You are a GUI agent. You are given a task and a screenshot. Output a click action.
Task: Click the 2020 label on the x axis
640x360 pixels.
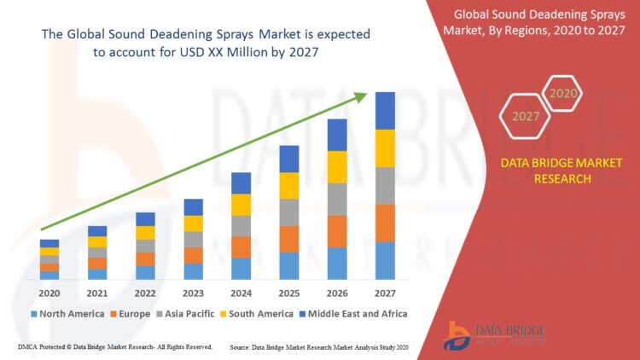[49, 293]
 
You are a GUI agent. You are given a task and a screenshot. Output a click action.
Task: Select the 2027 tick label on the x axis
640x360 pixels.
[385, 293]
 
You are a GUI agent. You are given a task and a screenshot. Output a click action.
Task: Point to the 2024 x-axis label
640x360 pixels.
[241, 293]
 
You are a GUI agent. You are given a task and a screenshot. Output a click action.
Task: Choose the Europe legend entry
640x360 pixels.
[134, 314]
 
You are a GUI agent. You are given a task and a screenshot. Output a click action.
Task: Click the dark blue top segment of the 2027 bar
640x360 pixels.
[385, 111]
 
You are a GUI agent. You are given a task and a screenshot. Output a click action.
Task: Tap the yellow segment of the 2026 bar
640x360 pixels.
[337, 166]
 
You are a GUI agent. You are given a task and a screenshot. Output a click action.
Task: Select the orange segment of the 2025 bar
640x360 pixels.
[289, 239]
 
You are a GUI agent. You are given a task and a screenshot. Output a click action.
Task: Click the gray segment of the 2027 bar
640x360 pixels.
[385, 185]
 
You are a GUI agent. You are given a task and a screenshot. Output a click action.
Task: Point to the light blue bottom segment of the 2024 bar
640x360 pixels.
[241, 268]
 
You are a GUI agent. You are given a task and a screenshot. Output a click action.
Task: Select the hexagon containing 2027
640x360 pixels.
[526, 117]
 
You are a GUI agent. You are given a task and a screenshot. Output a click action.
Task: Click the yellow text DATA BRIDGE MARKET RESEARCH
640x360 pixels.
[561, 171]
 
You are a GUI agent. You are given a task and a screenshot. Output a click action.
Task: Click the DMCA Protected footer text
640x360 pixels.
[114, 347]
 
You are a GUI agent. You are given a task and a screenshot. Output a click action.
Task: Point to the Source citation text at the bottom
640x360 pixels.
[320, 347]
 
